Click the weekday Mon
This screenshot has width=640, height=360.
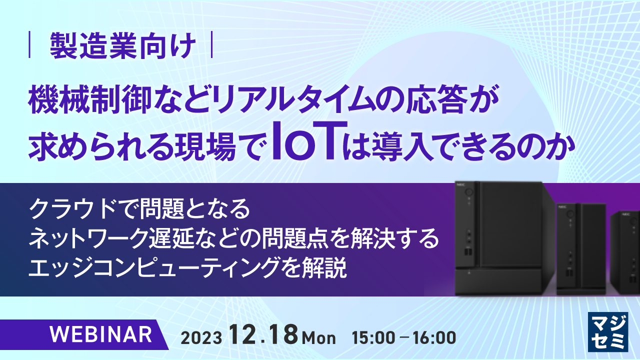319,338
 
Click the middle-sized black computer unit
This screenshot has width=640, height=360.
581,248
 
